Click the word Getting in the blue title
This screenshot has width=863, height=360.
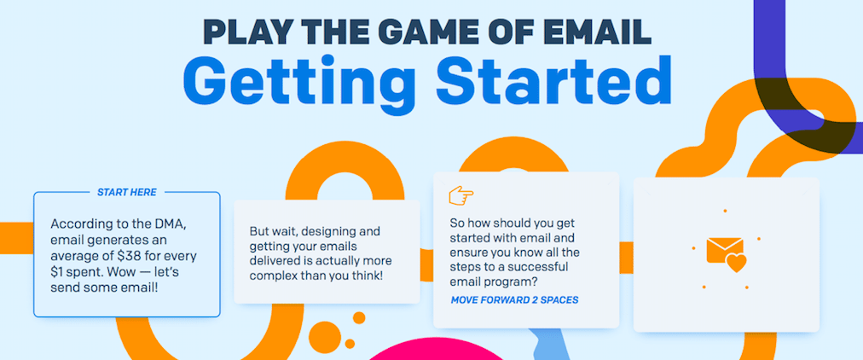(x=302, y=80)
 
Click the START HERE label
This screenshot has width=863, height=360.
(x=126, y=192)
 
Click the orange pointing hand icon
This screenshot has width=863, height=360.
(x=461, y=195)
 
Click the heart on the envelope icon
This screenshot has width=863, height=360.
(x=736, y=263)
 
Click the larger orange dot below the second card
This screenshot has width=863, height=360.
(x=324, y=334)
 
